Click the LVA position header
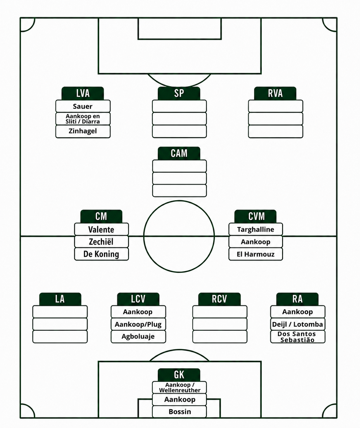(83, 94)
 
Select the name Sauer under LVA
(83, 106)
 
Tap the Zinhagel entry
(83, 131)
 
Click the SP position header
(179, 94)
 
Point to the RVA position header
(275, 94)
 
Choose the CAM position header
(179, 153)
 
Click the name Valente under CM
(101, 229)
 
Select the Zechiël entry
(101, 242)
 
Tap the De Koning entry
(101, 254)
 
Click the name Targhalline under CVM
(255, 229)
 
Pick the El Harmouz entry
(255, 254)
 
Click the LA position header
(60, 299)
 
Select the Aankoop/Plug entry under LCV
(138, 324)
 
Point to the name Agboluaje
(138, 337)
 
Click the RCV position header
(219, 299)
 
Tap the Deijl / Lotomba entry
(298, 324)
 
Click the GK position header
(179, 375)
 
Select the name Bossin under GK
(179, 412)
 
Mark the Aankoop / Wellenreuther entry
(179, 387)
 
